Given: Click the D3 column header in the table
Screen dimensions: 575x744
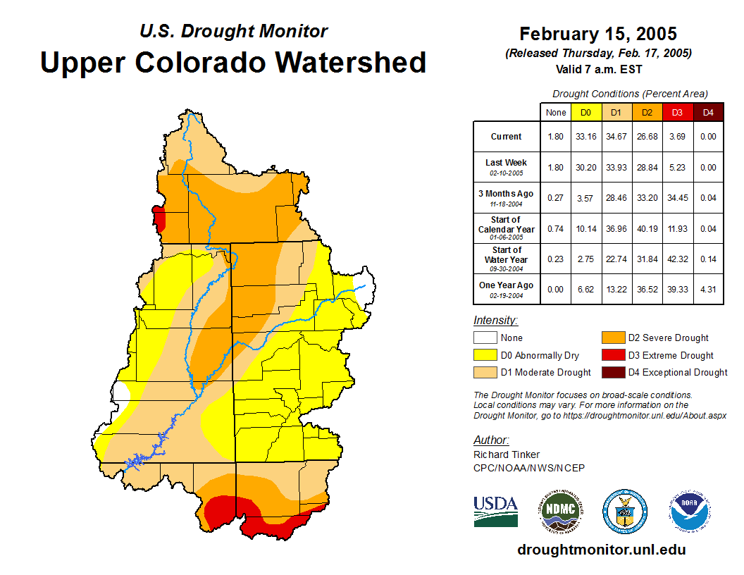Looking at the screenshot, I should point(677,112).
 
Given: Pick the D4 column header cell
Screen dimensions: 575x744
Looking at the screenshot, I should point(708,112).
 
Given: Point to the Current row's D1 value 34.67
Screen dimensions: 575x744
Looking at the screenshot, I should point(616,137).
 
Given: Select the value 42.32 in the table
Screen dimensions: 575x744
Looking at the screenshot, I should point(677,259).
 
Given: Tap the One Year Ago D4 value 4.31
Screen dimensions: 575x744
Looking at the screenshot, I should point(708,290).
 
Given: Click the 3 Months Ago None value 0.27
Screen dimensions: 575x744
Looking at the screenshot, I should point(556,198).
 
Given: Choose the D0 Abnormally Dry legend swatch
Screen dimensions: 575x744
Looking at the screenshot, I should point(485,355).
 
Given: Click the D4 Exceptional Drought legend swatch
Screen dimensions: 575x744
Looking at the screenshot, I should point(612,372).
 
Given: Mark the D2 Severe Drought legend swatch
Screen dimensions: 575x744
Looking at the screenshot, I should point(612,338).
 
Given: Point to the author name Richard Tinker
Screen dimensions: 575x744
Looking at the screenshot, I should point(507,455).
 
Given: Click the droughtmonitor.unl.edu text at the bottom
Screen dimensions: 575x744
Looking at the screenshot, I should point(601,550).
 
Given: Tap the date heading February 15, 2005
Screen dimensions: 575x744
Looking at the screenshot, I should point(598,34).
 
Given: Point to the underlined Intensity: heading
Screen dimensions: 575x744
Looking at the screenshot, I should point(495,321).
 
